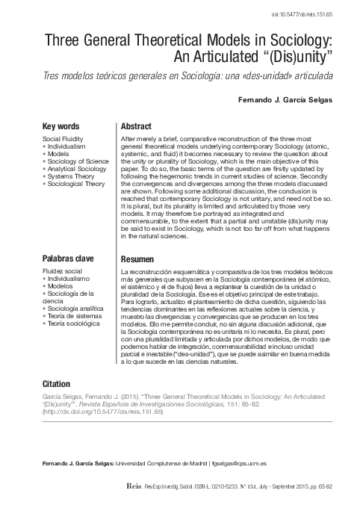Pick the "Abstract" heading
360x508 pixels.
click(x=136, y=126)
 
